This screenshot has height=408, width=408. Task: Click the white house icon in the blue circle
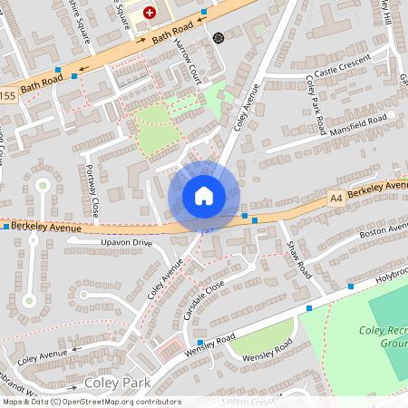[204, 195]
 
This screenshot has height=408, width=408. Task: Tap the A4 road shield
[336, 196]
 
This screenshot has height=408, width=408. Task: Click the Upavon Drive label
[126, 243]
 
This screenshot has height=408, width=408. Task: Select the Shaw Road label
[298, 258]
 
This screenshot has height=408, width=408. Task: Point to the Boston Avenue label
[384, 233]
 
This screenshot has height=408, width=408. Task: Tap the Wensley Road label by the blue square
[209, 342]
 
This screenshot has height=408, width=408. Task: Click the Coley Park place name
[117, 384]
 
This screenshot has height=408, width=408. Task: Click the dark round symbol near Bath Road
[219, 37]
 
